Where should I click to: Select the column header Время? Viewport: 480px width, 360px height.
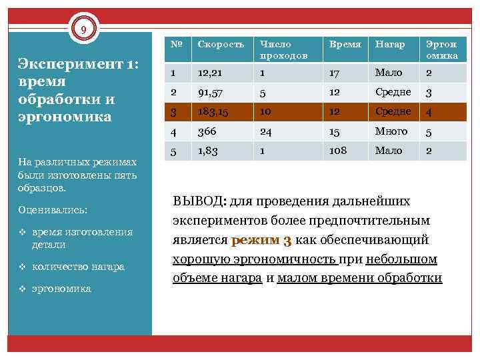tap(341, 44)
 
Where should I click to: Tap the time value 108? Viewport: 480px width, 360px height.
tap(337, 151)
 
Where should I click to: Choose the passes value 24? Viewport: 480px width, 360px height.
tap(266, 131)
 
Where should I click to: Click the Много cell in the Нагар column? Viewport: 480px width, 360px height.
tap(391, 131)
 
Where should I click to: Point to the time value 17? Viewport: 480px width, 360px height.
tap(332, 73)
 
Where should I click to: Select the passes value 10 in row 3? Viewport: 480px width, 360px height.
tap(266, 112)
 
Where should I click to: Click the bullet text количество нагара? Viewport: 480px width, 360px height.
tap(78, 267)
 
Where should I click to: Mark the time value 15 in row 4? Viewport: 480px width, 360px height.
tap(332, 131)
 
